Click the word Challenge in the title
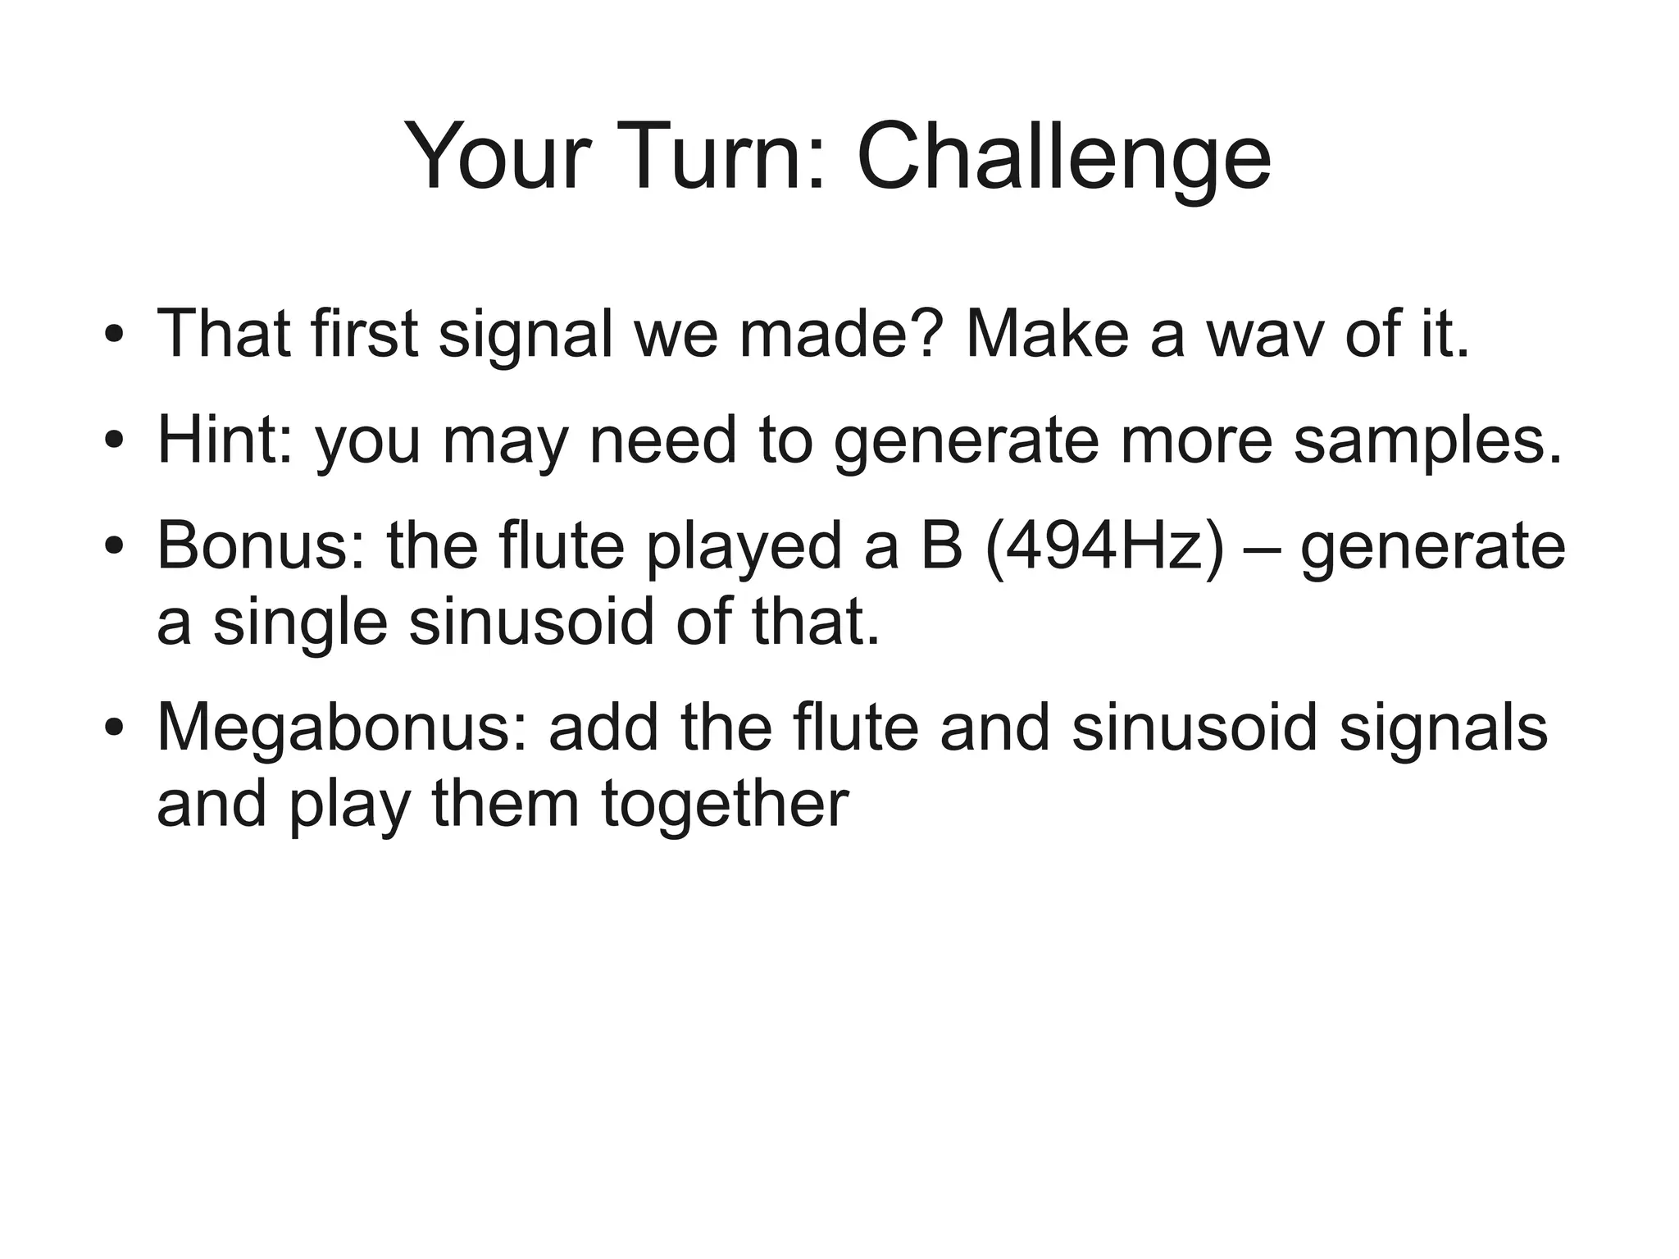[x=1063, y=156]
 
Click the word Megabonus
[x=344, y=728]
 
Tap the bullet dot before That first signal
[x=114, y=336]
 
